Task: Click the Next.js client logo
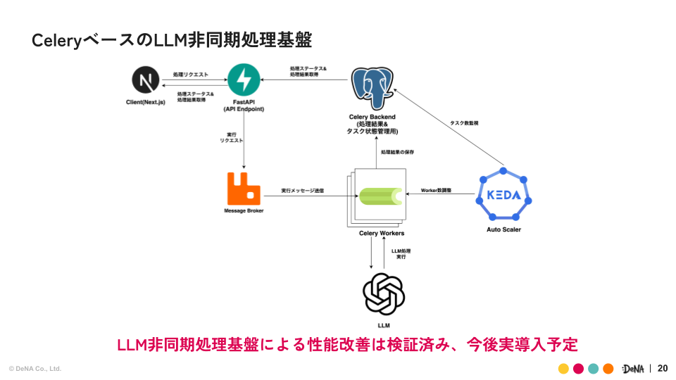click(146, 81)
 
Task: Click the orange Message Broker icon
click(244, 188)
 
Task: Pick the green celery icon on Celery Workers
click(381, 196)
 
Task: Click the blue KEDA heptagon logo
click(503, 196)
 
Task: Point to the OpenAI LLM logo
click(384, 294)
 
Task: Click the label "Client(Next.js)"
click(145, 103)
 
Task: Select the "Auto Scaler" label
click(503, 229)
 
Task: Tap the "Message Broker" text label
click(244, 211)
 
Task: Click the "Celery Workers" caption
click(382, 233)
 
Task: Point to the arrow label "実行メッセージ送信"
click(303, 190)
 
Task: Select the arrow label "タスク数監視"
click(465, 122)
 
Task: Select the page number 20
click(662, 368)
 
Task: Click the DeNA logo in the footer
click(633, 369)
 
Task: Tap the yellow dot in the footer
click(563, 369)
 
